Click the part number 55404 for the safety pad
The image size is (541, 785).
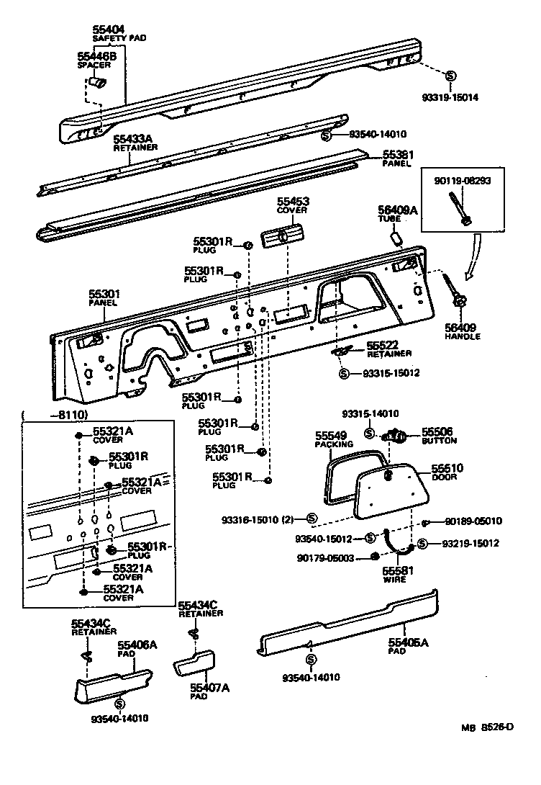[109, 30]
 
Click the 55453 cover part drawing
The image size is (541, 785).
[283, 235]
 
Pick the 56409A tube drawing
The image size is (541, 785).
[396, 237]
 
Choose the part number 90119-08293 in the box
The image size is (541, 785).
[462, 180]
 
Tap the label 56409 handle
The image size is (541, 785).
[461, 328]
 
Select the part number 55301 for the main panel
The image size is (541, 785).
[104, 294]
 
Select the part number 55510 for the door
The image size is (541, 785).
[447, 468]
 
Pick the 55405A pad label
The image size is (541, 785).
[408, 642]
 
